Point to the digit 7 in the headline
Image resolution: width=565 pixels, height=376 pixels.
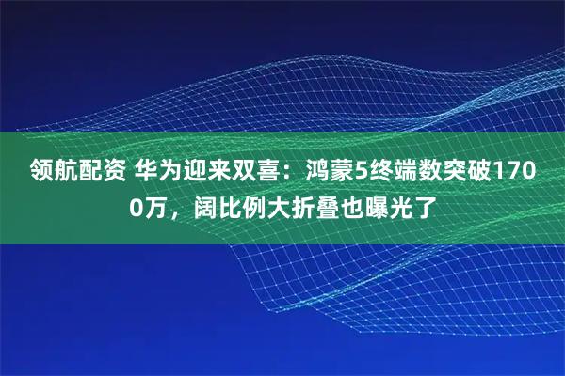click(516, 171)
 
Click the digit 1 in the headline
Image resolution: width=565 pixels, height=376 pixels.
click(501, 171)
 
